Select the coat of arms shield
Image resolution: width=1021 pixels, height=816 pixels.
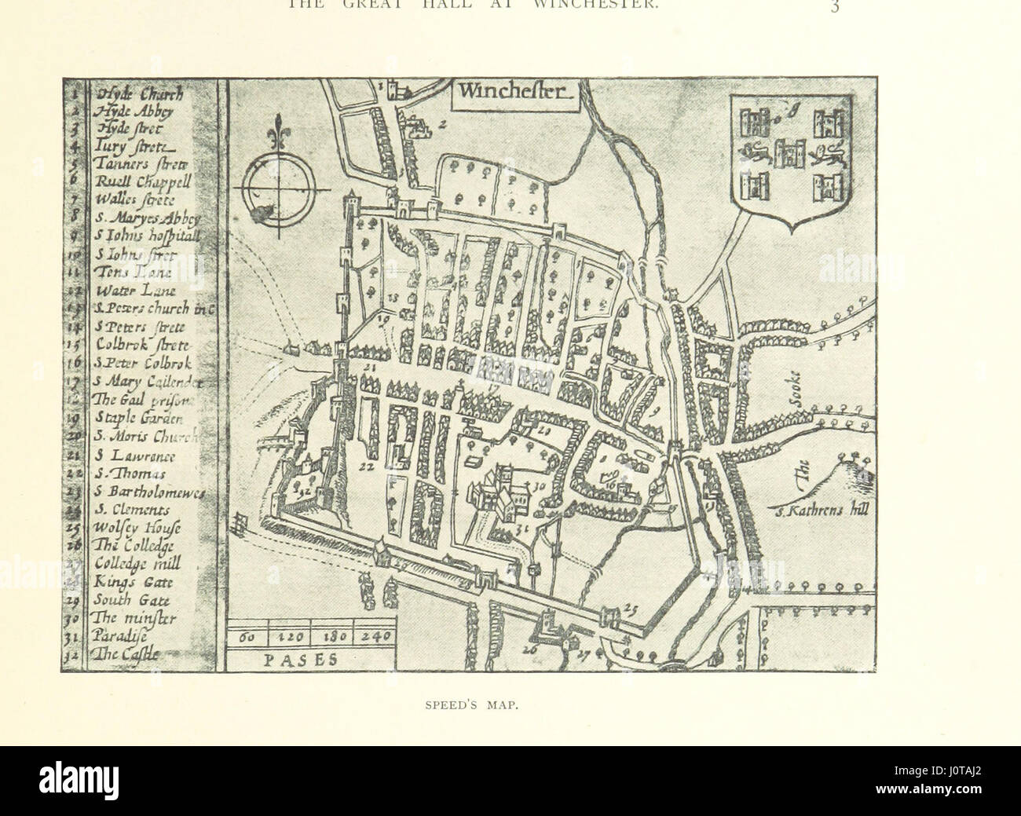(791, 159)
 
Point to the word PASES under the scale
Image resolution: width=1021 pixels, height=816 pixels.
(298, 660)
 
